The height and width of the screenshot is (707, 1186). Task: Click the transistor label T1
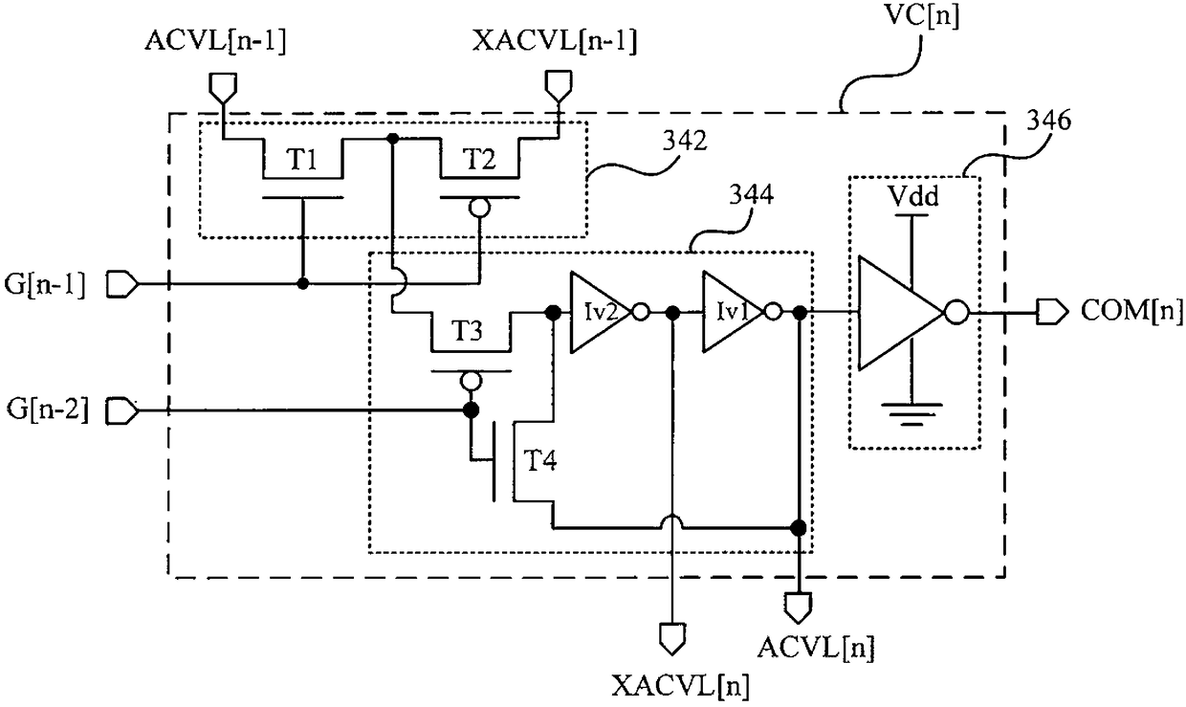coord(303,160)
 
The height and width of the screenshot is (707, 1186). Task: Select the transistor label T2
coord(480,160)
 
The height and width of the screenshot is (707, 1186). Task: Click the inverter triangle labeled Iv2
coord(601,313)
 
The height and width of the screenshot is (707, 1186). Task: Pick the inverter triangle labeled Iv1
coord(734,312)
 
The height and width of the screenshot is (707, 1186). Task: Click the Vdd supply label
coord(913,197)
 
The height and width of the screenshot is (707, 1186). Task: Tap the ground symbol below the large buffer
coord(911,414)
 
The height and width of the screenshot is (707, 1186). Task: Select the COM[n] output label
coord(1131,311)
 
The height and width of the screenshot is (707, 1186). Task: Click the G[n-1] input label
coord(44,285)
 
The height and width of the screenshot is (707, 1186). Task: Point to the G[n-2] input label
coord(48,409)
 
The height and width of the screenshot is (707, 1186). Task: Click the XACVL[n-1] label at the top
coord(555,41)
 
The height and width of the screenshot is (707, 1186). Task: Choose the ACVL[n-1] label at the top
coord(215,41)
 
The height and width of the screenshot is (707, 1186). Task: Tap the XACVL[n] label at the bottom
coord(681,686)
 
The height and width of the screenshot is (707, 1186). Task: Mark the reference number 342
coord(685,141)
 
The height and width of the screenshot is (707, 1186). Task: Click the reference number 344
coord(752,195)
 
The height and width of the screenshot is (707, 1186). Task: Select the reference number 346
coord(1049,121)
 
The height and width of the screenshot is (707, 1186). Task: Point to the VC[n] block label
coord(922,16)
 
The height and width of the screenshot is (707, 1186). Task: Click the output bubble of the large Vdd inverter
coord(956,313)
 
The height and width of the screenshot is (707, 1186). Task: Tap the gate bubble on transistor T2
coord(480,209)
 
